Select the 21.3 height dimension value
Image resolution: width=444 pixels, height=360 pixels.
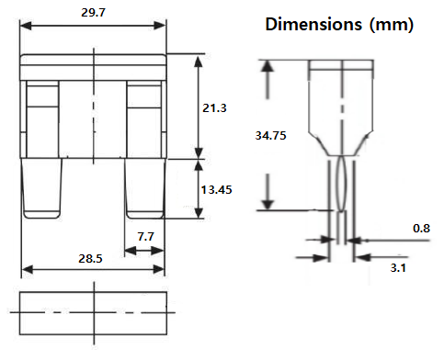214,107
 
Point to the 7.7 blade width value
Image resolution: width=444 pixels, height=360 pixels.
145,236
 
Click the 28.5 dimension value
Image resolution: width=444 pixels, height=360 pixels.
92,260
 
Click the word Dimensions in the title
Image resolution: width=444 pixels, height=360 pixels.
315,25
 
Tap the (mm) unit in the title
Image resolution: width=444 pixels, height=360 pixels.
393,25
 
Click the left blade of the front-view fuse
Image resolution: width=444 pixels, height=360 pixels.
42,189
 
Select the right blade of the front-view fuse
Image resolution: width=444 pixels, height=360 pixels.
144,189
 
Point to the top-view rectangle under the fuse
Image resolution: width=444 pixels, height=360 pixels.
93,312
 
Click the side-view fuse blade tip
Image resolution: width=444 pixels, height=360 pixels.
341,230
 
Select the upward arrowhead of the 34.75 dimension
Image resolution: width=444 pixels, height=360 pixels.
268,70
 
